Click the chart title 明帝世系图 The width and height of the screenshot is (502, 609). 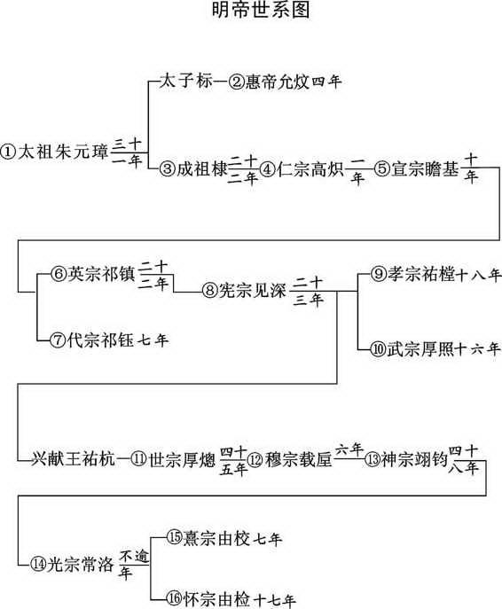pyautogui.click(x=261, y=10)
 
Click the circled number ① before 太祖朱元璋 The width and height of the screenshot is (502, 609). pyautogui.click(x=9, y=152)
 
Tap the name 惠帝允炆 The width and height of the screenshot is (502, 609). pyautogui.click(x=277, y=82)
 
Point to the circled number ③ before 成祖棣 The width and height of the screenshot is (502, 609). pyautogui.click(x=168, y=169)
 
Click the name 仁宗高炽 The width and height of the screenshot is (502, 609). pyautogui.click(x=310, y=169)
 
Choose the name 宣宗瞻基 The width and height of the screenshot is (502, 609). pyautogui.click(x=425, y=169)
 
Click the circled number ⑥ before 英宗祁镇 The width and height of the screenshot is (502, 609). pyautogui.click(x=59, y=274)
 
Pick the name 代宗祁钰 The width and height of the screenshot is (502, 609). pyautogui.click(x=100, y=340)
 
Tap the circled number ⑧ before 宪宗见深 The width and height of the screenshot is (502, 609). pyautogui.click(x=209, y=291)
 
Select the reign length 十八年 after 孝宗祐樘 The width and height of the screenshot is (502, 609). pyautogui.click(x=478, y=275)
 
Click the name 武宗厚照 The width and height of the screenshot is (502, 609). pyautogui.click(x=420, y=349)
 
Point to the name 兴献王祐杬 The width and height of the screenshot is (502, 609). pyautogui.click(x=73, y=459)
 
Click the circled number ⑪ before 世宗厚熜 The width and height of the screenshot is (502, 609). pyautogui.click(x=138, y=459)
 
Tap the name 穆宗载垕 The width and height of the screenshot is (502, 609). pyautogui.click(x=298, y=459)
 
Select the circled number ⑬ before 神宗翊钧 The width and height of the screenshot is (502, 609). pyautogui.click(x=373, y=459)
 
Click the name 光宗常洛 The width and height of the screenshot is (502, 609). pyautogui.click(x=80, y=564)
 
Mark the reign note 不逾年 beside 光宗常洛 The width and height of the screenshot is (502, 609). pyautogui.click(x=133, y=565)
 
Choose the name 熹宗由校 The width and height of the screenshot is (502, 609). pyautogui.click(x=216, y=538)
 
